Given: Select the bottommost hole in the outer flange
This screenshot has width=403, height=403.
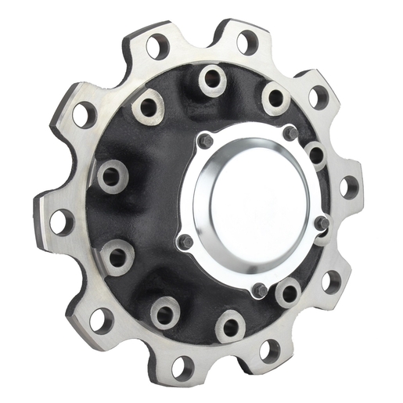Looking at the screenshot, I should pos(182,365).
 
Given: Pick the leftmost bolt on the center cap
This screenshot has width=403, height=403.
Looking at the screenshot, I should pos(185,243).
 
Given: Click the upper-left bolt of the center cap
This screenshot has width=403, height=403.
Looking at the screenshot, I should pos(205,140).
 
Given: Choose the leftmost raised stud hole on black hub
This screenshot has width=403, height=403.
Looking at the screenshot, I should pos(111,175).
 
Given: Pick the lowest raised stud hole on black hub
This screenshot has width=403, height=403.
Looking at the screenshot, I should pos(166,313).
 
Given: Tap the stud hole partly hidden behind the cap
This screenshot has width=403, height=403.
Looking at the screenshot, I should pos(315,153).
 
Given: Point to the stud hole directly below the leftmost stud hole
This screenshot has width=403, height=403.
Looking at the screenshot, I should pos(117,255).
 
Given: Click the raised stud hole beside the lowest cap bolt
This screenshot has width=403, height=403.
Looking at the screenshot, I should pos(288,293).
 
